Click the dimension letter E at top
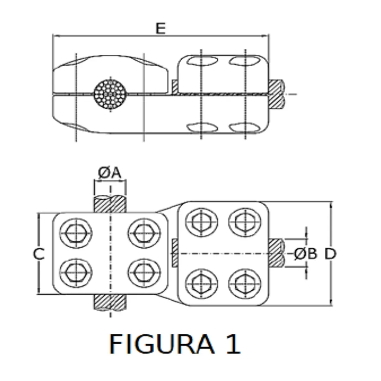coord(161,28)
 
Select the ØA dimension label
coord(109,173)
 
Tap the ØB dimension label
coord(306,254)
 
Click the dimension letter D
coord(331,254)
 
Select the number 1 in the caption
coord(234,344)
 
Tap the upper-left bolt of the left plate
coord(76,234)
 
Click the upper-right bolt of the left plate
coord(144,234)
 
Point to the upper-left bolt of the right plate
coord(201,222)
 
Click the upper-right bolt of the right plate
coord(244,222)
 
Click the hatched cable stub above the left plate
coord(110,204)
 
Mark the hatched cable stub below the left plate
coord(110,303)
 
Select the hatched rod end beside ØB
coord(276,253)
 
